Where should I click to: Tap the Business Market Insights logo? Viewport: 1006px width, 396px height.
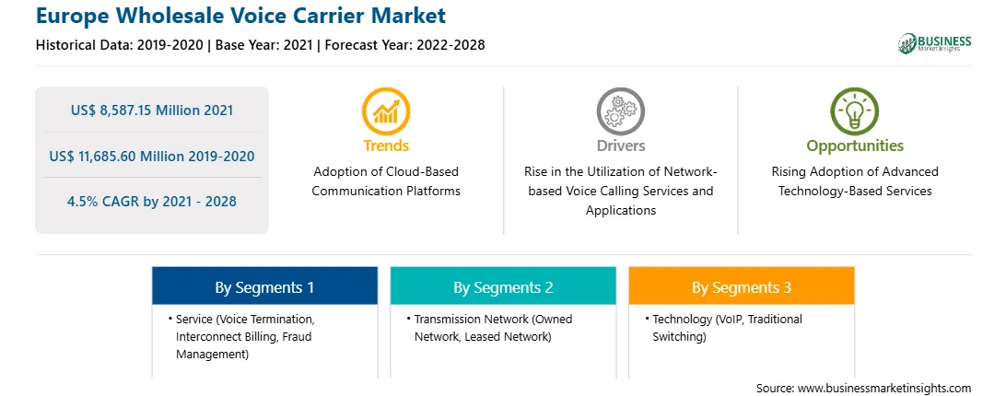pos(935,43)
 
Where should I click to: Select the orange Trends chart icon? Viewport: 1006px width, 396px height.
pos(386,111)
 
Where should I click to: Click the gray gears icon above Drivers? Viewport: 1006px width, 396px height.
pos(620,111)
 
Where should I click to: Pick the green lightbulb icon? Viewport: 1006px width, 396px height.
pos(855,111)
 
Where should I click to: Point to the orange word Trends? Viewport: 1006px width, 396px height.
pos(386,146)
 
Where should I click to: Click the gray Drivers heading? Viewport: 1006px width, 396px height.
pos(621,146)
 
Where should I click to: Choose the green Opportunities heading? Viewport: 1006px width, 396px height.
pos(855,146)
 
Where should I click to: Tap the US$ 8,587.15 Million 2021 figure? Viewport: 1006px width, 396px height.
pos(152,111)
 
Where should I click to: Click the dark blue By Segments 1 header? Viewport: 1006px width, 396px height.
pos(265,286)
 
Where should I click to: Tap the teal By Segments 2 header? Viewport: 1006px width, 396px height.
pos(503,286)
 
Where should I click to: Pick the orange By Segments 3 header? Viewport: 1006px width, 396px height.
pos(742,286)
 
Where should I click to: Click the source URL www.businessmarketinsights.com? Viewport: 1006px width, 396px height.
pos(883,389)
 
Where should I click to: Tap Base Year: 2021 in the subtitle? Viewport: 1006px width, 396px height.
pos(263,45)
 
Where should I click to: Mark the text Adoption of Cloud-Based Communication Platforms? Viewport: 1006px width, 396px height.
pos(386,181)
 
